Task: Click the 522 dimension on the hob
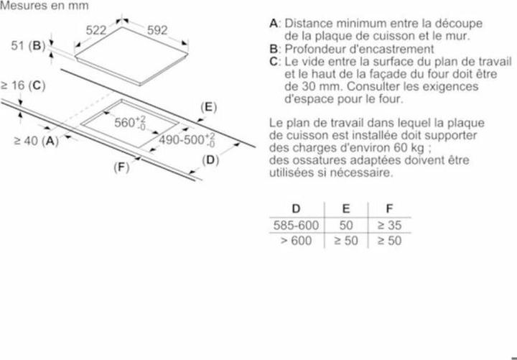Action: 96,30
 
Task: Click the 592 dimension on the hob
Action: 157,30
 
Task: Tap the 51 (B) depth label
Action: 28,45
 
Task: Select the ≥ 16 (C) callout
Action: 23,86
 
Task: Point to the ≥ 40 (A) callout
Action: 37,141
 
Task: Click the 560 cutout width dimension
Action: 130,122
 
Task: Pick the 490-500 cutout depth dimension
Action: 187,140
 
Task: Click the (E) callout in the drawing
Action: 209,107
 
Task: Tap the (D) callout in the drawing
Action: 210,160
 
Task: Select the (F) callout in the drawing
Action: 121,167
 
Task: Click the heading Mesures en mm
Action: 45,6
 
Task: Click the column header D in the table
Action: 296,209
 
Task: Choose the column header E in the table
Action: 346,209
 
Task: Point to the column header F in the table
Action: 389,209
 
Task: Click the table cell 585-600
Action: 296,226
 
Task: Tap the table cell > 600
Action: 296,241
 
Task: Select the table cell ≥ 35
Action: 389,226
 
